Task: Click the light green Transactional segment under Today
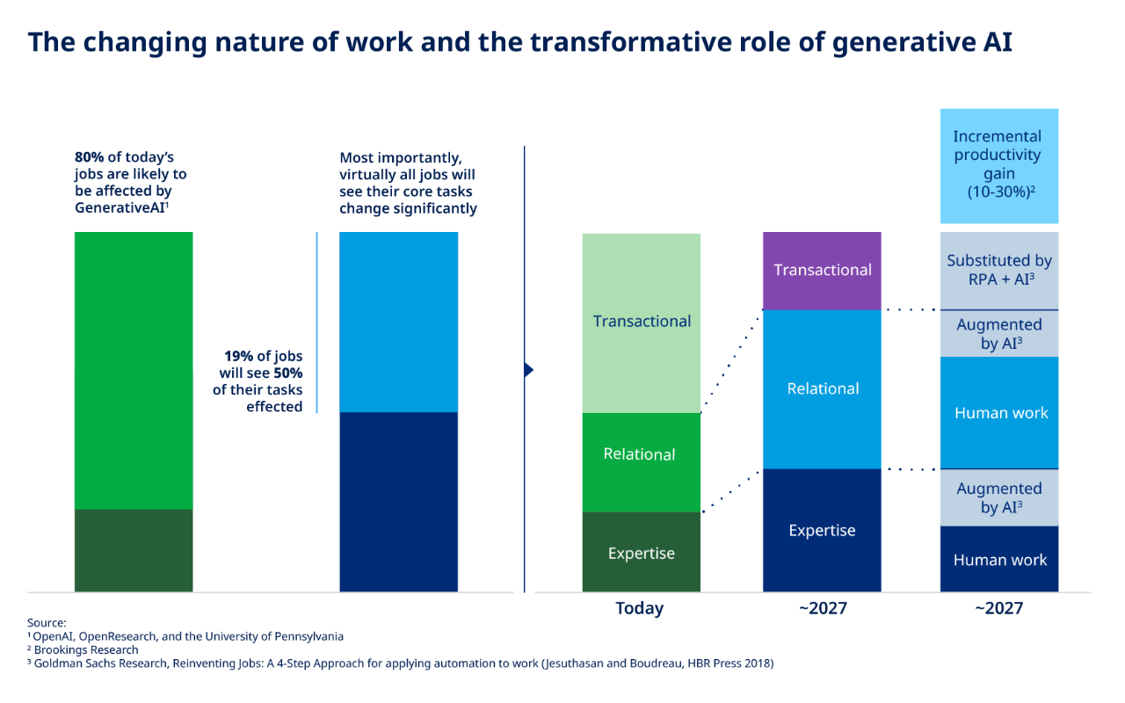pos(642,323)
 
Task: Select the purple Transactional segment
pos(822,271)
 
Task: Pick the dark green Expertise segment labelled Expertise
pos(642,553)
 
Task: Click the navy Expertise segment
pos(822,530)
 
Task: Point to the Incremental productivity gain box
pos(998,165)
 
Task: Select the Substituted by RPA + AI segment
pos(998,271)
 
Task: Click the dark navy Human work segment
pos(998,559)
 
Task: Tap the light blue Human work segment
pos(998,412)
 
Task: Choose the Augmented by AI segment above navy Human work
pos(998,497)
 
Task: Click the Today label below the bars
pos(640,608)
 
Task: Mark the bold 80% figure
pos(89,158)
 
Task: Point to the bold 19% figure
pos(239,357)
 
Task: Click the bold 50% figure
pos(287,373)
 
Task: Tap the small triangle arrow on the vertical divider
pos(528,370)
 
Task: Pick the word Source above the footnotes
pos(47,622)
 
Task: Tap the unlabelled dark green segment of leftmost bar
pos(134,550)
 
